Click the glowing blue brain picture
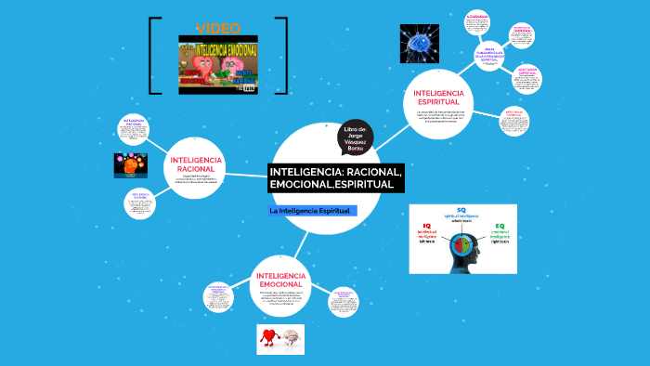(x=419, y=43)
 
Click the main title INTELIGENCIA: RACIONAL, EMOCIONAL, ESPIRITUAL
(x=335, y=179)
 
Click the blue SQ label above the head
(x=461, y=210)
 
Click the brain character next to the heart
(x=291, y=339)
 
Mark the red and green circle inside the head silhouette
(x=461, y=244)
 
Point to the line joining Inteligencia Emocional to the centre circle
(x=299, y=243)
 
